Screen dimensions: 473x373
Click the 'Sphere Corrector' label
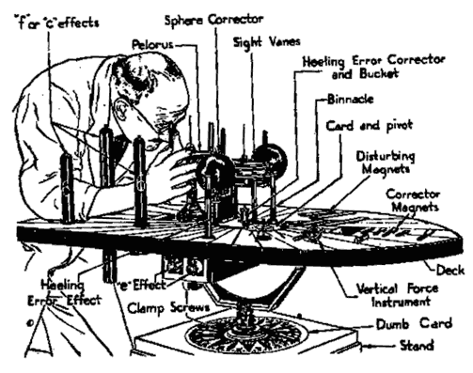click(214, 20)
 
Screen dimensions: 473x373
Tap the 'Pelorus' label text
click(152, 44)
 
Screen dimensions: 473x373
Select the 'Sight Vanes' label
click(267, 41)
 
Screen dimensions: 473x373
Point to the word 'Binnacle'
click(351, 100)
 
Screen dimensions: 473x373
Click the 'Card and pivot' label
click(370, 126)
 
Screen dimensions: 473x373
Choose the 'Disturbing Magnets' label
click(386, 163)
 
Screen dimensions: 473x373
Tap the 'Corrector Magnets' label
click(413, 200)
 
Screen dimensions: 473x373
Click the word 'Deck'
click(450, 270)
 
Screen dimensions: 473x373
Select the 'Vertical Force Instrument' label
click(398, 295)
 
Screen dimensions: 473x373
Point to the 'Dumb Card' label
click(414, 324)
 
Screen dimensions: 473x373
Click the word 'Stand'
click(417, 346)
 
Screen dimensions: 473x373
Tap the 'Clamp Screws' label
click(168, 307)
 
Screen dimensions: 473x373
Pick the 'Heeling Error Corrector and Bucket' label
click(373, 67)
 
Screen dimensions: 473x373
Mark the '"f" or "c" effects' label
click(56, 23)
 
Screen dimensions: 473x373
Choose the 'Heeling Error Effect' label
click(65, 293)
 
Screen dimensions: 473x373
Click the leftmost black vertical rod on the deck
click(67, 189)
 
